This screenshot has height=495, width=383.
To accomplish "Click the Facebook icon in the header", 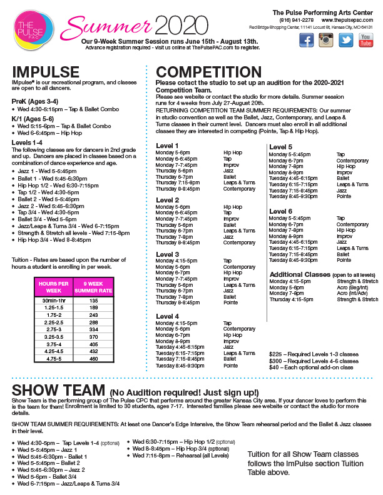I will [307, 40].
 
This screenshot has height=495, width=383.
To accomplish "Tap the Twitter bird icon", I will [346, 40].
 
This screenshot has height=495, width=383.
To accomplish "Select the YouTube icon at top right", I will [365, 40].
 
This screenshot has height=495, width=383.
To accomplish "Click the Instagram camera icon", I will [326, 40].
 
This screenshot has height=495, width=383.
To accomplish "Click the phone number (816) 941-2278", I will [297, 19].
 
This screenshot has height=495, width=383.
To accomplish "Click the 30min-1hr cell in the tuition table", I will [56, 300].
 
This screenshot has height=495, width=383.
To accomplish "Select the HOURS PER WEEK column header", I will [56, 287].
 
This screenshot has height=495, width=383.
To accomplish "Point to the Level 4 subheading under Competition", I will [168, 316].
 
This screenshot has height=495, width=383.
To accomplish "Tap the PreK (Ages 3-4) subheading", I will [36, 101].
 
